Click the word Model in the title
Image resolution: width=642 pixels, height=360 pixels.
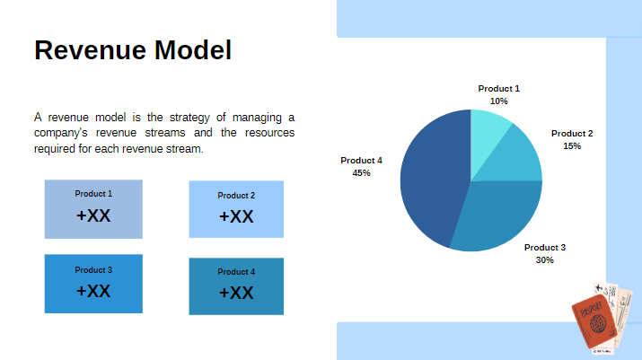tap(190, 50)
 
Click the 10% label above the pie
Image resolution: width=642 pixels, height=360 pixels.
tap(498, 101)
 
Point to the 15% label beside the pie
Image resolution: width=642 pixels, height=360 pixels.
tap(572, 145)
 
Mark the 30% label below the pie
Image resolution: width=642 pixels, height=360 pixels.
tap(545, 259)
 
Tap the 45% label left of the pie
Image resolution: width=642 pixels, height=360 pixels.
tap(361, 172)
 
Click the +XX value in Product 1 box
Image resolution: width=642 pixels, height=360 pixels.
tap(93, 215)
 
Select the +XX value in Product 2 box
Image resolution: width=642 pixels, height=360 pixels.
tap(236, 216)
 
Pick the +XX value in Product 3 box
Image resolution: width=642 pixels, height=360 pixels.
tap(93, 291)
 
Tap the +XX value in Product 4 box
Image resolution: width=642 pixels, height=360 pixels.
tap(236, 293)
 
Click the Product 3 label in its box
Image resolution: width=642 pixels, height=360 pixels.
tap(93, 269)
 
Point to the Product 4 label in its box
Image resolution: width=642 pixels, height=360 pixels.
tap(236, 271)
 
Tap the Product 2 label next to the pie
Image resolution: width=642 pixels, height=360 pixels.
tap(572, 133)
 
